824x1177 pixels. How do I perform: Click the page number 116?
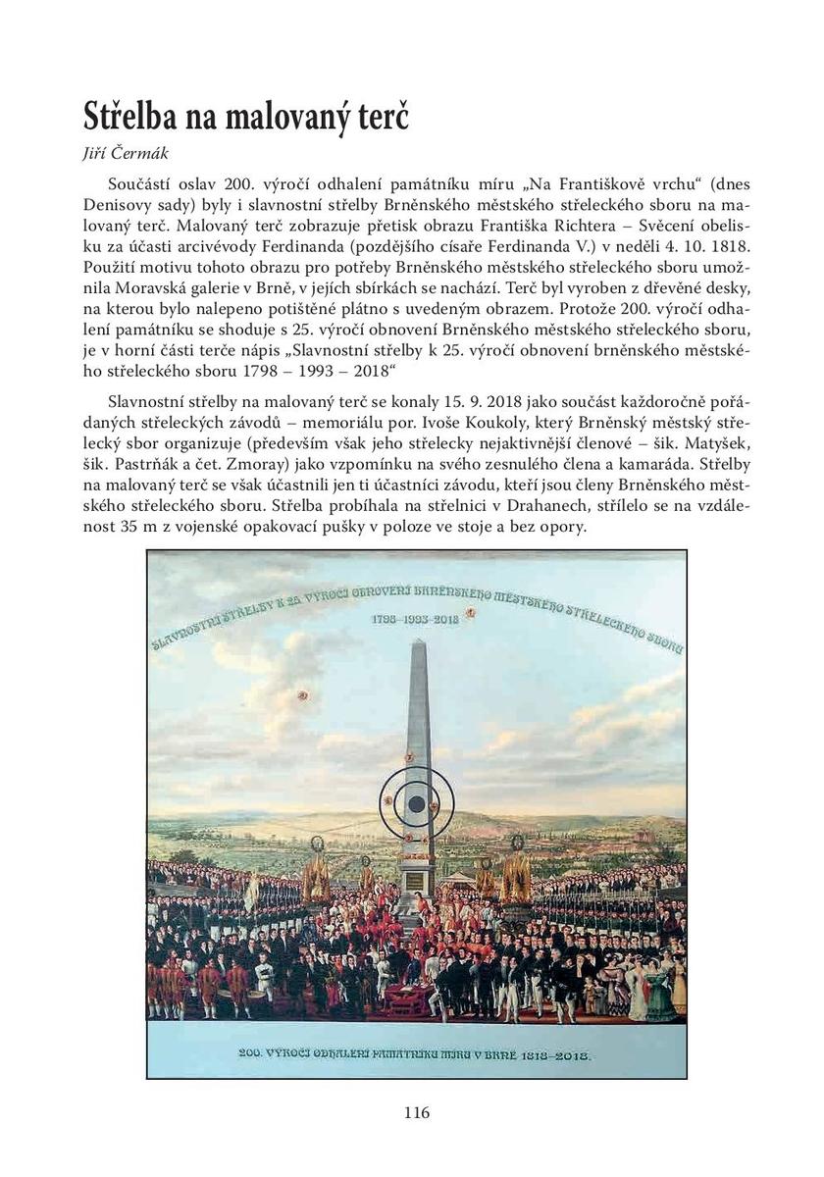(x=416, y=1112)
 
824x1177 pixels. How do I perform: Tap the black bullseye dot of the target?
(x=416, y=803)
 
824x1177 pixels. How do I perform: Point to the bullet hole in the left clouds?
(x=303, y=694)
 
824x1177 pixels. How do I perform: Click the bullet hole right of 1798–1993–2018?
(x=470, y=613)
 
